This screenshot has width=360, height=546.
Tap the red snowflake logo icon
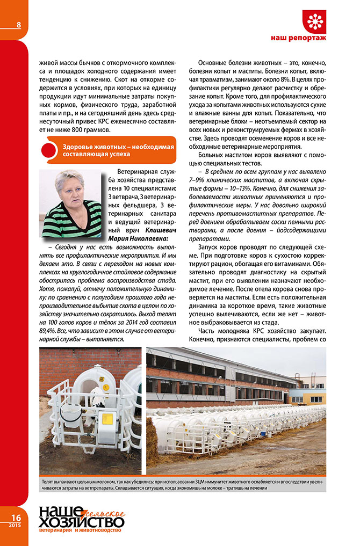(x=314, y=21)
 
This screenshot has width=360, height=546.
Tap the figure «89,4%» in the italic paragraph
(x=47, y=331)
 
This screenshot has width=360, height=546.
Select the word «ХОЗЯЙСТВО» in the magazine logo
(x=81, y=522)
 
